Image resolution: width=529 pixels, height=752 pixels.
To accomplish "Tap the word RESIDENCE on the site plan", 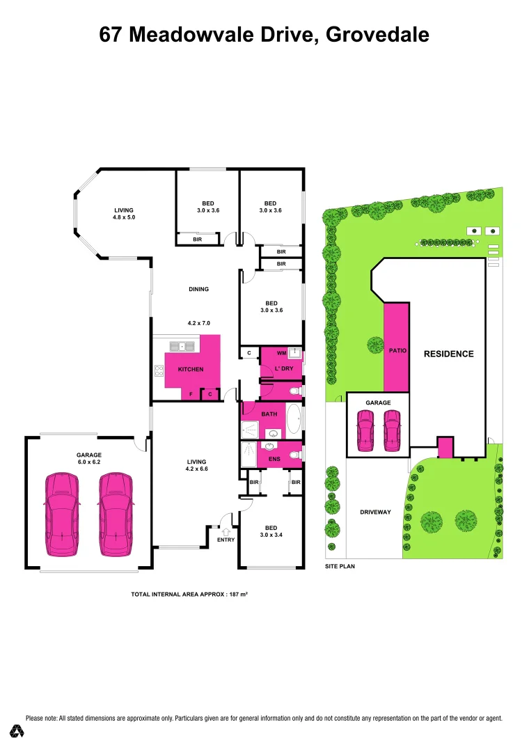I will [448, 354].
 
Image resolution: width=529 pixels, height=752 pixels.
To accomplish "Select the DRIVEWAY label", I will [375, 512].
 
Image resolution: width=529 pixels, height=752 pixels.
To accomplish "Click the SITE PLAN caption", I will [340, 567].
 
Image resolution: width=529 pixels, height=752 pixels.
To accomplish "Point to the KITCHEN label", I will [190, 369].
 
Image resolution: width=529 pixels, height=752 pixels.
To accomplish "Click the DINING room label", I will [198, 289].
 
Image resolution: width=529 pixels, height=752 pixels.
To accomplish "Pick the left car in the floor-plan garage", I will [61, 515].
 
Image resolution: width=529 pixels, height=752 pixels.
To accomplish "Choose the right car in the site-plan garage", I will [392, 430].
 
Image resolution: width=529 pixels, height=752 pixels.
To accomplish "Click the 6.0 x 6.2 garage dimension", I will [89, 462].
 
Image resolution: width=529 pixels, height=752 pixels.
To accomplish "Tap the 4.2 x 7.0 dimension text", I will [198, 323].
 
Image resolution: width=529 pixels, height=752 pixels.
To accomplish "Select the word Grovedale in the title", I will [377, 34].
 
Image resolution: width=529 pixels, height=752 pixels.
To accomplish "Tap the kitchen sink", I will [183, 345].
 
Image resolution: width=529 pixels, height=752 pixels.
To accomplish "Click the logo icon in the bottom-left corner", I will [17, 731].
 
